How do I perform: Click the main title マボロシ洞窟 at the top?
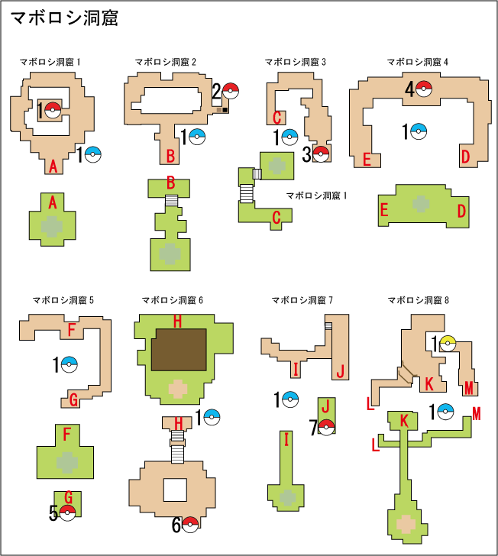coord(65,18)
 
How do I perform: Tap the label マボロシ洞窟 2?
coord(166,62)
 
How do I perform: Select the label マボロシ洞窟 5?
coord(63,300)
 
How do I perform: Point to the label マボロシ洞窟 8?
coord(418,300)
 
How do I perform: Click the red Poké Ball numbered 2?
coord(231,92)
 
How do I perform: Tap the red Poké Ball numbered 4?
coord(424,89)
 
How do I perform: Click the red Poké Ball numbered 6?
coord(190,525)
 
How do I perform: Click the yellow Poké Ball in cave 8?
coord(447,344)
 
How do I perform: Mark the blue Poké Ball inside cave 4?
coord(418,132)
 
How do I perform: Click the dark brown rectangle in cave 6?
coord(178,351)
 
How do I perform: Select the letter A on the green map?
coord(53,203)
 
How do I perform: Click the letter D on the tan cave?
coord(465,157)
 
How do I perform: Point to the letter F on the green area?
coord(66,435)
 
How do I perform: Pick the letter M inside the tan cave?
coord(469,389)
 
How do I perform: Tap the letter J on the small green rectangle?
coord(324,406)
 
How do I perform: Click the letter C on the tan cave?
coord(277,118)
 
